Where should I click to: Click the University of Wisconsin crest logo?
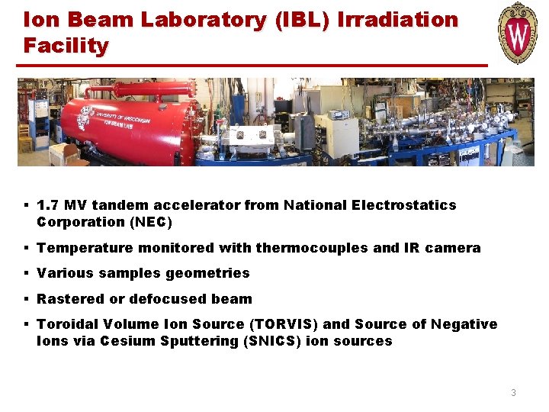point(518,34)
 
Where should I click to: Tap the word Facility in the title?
point(66,46)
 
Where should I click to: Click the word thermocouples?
point(315,248)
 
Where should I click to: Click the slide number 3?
point(513,393)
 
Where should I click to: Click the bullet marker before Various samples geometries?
point(26,273)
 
